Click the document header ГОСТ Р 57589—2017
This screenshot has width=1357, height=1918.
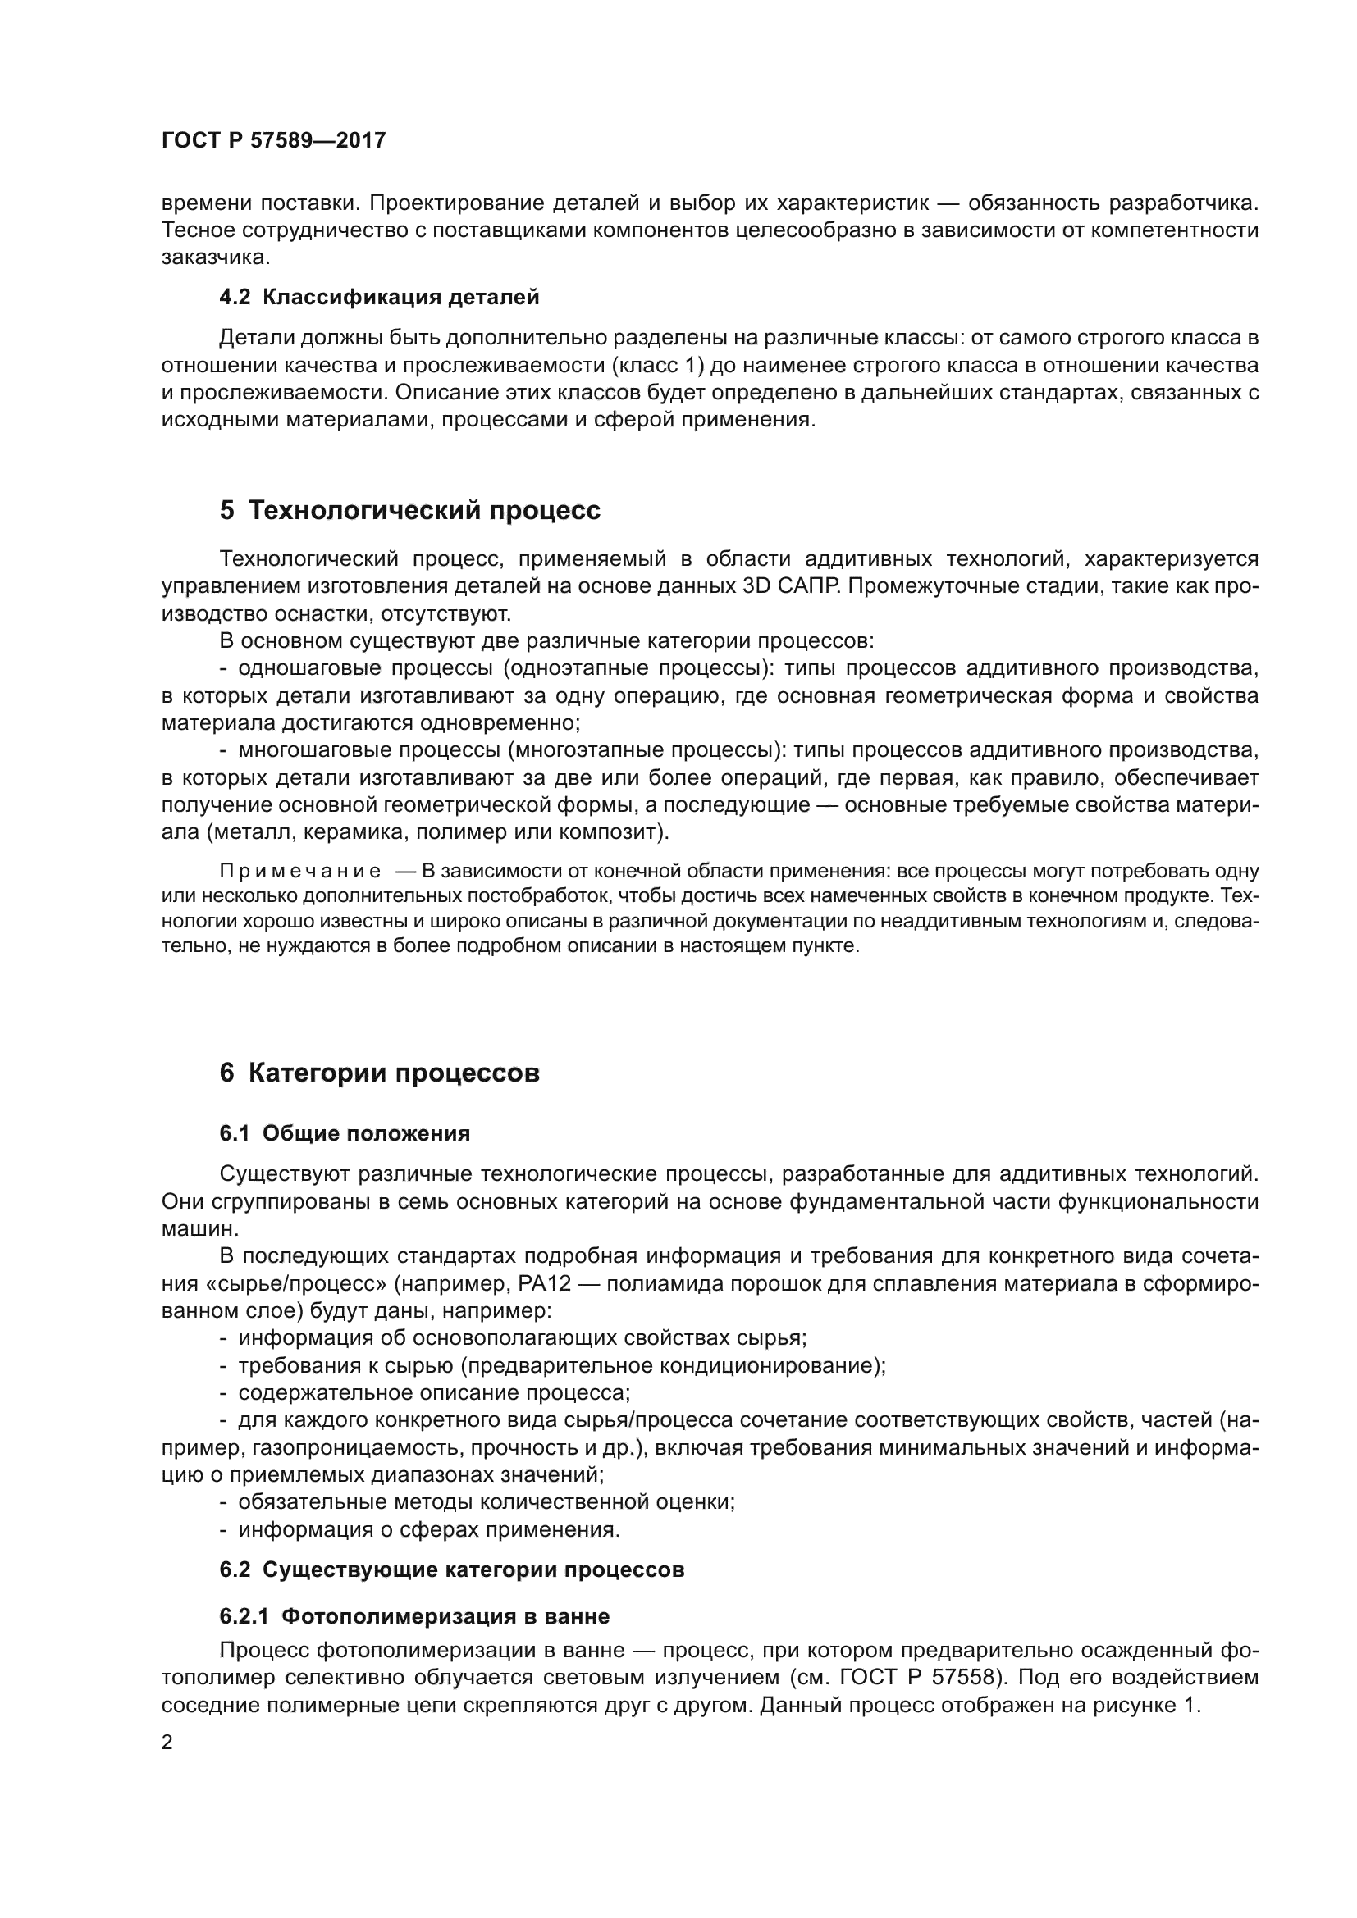[273, 140]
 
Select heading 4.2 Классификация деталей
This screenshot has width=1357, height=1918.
[378, 297]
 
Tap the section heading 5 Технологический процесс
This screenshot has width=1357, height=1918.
[409, 509]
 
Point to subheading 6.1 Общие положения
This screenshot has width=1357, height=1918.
[345, 1133]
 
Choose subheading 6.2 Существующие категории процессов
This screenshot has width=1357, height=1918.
[451, 1569]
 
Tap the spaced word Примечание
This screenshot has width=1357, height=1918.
[300, 872]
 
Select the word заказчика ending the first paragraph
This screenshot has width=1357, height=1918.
[215, 257]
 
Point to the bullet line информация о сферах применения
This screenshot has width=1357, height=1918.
[428, 1529]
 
